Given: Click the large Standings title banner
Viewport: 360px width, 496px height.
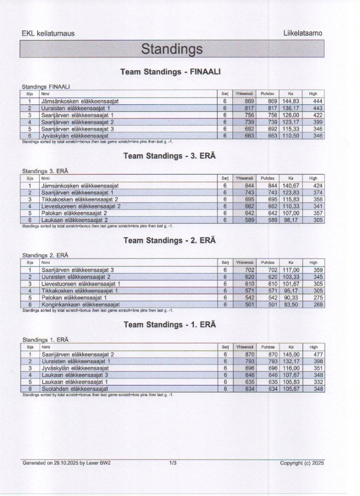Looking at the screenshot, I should (172, 49).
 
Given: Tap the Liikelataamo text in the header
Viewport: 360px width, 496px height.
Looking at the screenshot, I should (303, 33).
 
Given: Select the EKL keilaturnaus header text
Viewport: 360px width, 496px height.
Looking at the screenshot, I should (48, 33).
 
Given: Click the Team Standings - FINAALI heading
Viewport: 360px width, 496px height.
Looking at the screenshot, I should (170, 72).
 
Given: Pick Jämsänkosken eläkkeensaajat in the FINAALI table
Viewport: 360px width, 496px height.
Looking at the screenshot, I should (80, 101).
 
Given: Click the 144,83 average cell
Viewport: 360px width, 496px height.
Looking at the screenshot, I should (291, 101).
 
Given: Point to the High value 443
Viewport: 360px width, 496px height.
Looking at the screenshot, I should (317, 108).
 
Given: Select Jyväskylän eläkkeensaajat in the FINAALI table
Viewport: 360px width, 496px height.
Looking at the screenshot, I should (75, 136).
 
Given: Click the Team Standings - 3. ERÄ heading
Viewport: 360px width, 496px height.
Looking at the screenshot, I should (169, 156).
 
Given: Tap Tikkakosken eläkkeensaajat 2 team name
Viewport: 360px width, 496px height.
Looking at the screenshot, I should (80, 199).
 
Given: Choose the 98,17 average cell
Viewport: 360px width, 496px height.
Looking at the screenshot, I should (291, 220).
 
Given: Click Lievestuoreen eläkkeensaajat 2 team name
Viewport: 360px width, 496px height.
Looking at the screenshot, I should (81, 206).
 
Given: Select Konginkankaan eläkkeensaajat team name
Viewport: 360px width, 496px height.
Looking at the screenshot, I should (80, 304).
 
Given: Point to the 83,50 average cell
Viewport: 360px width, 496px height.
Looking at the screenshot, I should (291, 304).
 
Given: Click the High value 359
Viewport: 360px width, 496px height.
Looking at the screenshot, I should (318, 270).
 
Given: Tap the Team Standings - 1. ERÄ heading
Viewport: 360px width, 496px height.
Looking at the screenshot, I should (169, 325).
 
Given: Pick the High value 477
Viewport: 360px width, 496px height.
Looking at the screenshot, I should (318, 354).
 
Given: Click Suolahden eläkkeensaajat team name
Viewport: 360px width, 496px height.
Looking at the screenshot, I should (75, 389).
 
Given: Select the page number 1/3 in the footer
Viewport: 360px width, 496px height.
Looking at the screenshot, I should (172, 463).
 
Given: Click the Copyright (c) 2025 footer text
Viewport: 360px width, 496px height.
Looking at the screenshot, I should (302, 463).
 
